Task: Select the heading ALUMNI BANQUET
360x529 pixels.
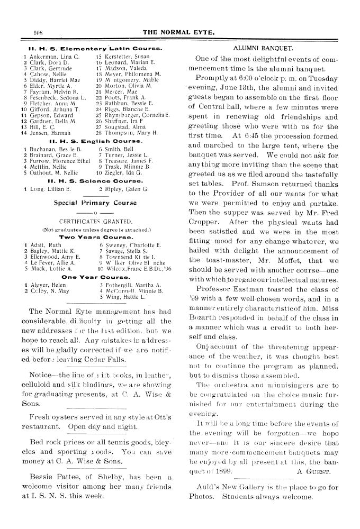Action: coord(256,48)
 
